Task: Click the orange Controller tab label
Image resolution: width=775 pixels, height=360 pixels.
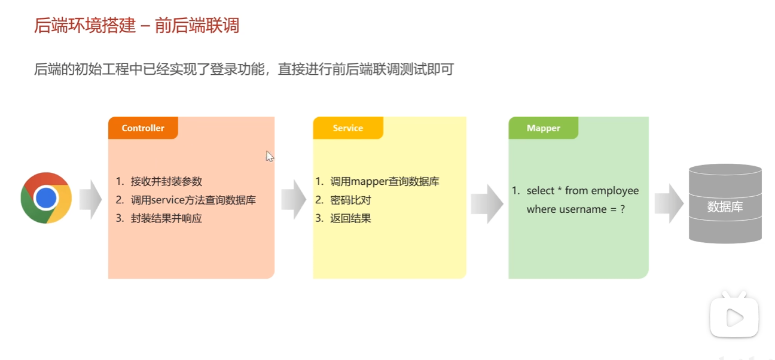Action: tap(143, 128)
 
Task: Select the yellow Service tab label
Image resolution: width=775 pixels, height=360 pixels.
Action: tap(347, 128)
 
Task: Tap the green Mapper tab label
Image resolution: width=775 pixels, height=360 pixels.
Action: tap(543, 128)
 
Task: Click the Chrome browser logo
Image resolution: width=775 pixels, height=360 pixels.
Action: tap(46, 198)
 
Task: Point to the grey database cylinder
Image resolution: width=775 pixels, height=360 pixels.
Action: tap(725, 204)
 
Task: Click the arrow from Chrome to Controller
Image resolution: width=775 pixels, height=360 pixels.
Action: tap(90, 199)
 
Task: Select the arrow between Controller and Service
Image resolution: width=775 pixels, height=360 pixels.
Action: tap(294, 199)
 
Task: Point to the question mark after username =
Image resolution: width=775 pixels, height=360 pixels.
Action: tap(622, 209)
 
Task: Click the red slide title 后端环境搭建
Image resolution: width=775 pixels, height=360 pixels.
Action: tap(86, 26)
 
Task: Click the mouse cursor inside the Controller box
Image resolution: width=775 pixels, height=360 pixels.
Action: tap(270, 157)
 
